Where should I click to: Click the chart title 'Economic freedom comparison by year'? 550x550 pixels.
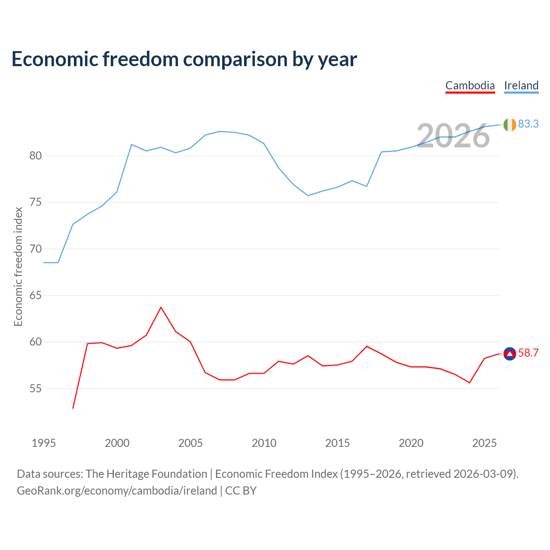point(184,59)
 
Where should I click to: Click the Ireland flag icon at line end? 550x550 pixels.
point(510,125)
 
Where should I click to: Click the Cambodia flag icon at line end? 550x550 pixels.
point(510,354)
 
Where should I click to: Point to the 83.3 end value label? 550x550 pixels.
point(529,124)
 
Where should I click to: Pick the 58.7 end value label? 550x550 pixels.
point(529,353)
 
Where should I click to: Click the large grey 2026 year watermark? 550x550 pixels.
point(453,136)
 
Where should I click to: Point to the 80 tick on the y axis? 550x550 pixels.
point(35,156)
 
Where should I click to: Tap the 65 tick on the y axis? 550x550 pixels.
point(35,295)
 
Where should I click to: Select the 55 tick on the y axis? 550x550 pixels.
point(35,388)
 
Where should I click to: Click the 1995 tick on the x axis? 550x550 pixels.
point(44,443)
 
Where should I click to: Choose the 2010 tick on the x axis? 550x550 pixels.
point(264,443)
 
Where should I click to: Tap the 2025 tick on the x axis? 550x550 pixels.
point(484,443)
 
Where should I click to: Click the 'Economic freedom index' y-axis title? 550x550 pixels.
point(18,266)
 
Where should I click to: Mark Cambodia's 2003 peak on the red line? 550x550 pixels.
point(161,307)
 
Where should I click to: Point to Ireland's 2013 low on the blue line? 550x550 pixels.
point(308,196)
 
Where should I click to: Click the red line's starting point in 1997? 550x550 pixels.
point(73,409)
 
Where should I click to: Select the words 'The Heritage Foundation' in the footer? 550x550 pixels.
point(147,474)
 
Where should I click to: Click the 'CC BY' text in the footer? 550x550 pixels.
point(241,491)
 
